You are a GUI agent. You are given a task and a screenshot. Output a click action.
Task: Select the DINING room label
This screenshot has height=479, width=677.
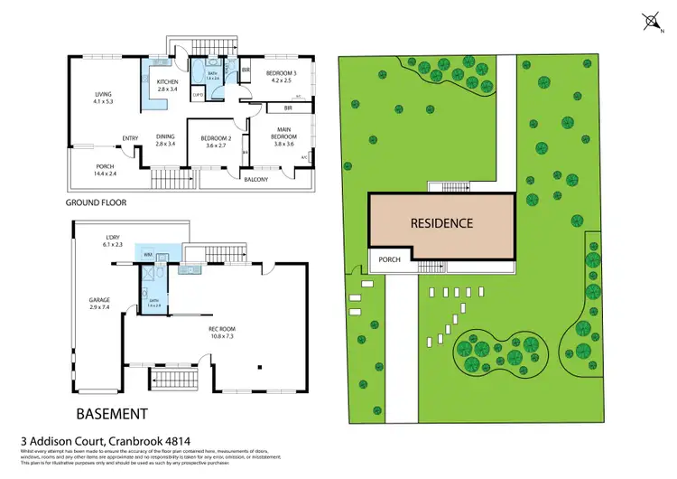point(164,136)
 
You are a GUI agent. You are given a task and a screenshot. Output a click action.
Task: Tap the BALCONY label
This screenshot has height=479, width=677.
point(256,180)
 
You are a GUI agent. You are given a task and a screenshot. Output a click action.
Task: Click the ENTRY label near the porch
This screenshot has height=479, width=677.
point(131,138)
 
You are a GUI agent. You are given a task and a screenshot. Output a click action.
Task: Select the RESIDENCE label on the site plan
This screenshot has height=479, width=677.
point(441,222)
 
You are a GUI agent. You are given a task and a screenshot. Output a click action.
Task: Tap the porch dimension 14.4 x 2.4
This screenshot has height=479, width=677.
point(107,174)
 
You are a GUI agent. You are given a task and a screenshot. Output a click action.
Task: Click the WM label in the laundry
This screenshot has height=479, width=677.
point(148,256)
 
